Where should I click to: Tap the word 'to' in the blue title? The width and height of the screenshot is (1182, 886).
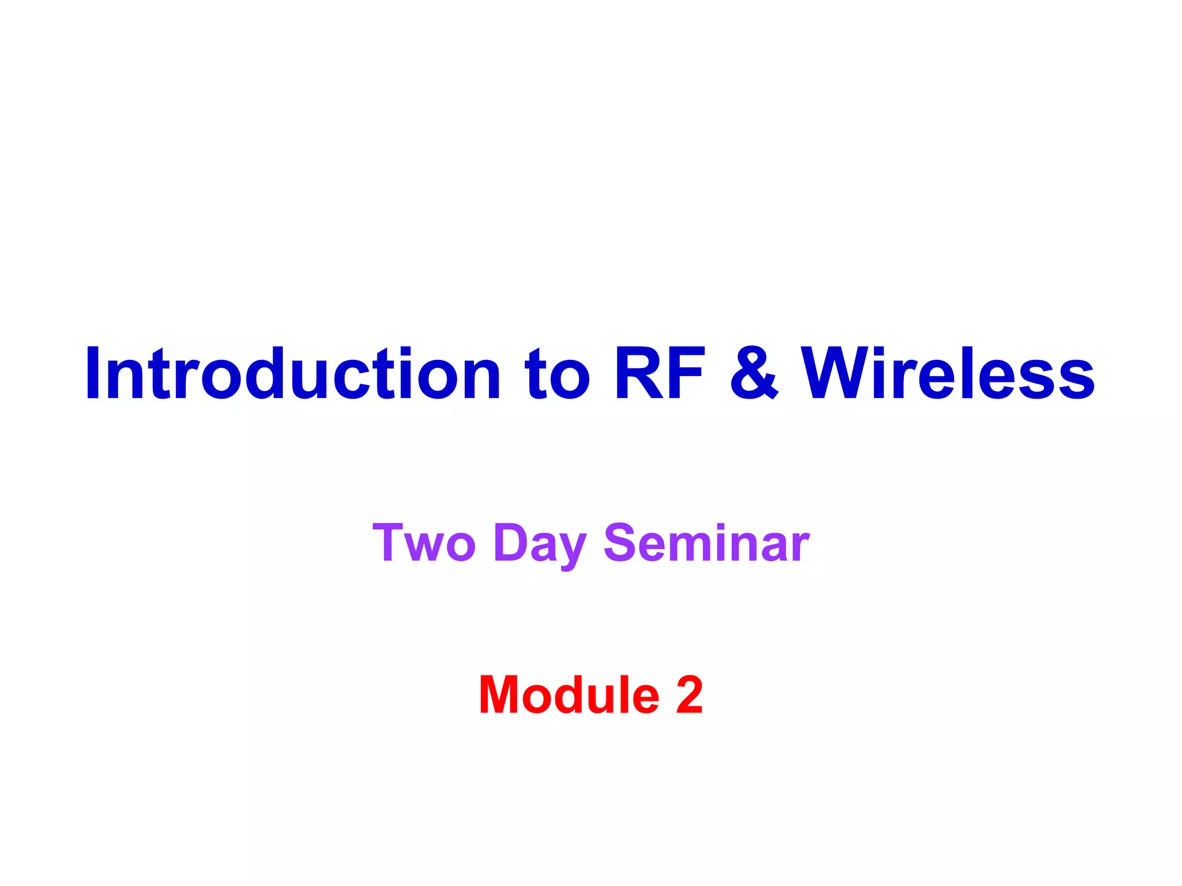(557, 374)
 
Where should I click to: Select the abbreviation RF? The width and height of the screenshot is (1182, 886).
(660, 374)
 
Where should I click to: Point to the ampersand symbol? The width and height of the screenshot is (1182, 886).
(754, 374)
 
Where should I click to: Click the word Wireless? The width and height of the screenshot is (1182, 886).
(948, 374)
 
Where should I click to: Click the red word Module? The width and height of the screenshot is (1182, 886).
(569, 694)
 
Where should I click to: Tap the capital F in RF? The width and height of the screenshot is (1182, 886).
(687, 374)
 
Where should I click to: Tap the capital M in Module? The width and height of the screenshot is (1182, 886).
(502, 694)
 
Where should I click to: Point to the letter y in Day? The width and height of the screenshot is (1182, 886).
(572, 548)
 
